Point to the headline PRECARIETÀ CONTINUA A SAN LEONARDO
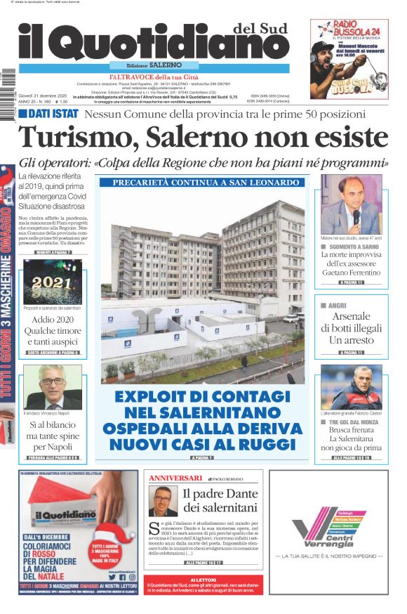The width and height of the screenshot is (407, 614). tap(199, 183)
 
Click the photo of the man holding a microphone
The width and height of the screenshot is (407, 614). tap(351, 204)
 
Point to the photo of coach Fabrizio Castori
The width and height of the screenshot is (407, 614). tap(351, 387)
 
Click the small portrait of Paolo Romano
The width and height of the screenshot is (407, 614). tap(163, 501)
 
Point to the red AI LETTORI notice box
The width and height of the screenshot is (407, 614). tap(203, 589)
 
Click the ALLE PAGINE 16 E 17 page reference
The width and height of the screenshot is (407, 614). tap(202, 563)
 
